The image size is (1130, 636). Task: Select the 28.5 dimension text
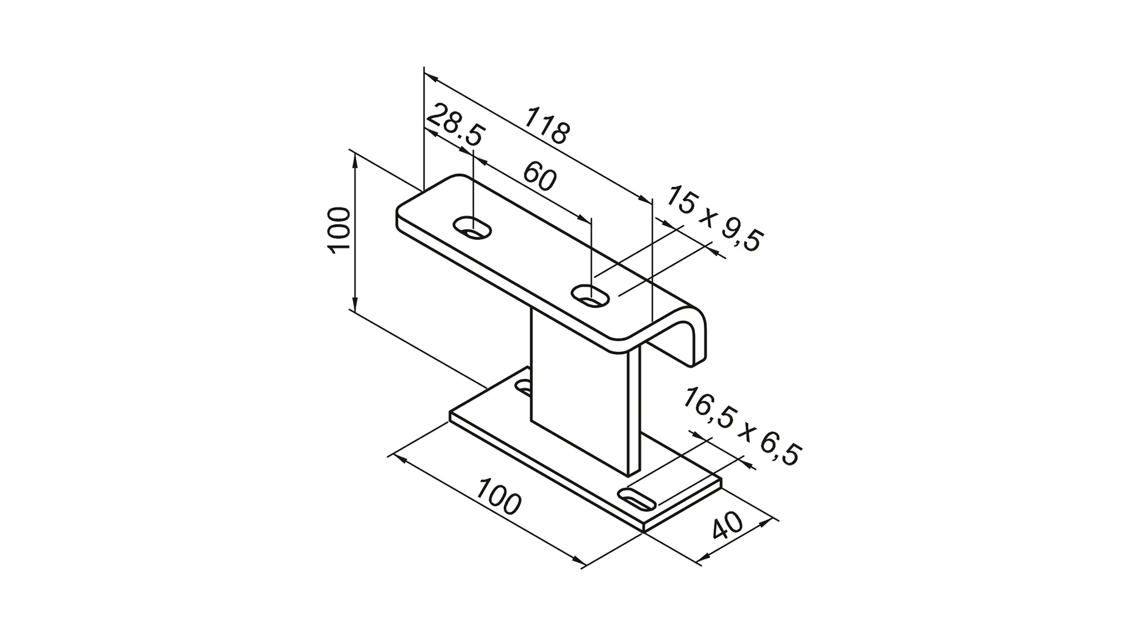click(454, 125)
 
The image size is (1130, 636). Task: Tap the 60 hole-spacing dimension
click(539, 177)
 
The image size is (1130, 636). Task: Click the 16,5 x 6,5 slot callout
click(742, 427)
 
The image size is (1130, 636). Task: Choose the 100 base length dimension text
click(498, 496)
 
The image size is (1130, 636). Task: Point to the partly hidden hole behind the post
click(523, 387)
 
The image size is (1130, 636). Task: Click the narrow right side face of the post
click(633, 412)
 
